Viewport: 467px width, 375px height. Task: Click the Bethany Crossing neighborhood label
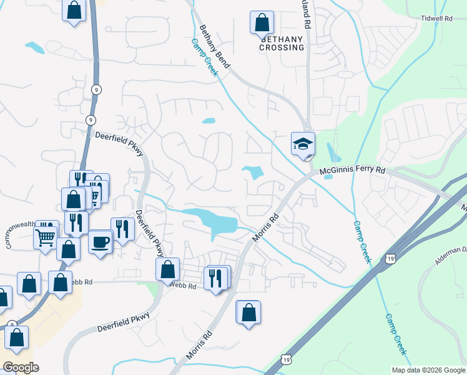[x=282, y=43]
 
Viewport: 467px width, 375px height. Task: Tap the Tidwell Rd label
[x=436, y=19]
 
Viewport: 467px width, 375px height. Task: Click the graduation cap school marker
[x=303, y=144]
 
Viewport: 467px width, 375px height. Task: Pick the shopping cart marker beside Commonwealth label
[x=46, y=236]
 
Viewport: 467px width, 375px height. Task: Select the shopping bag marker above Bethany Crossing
[x=262, y=23]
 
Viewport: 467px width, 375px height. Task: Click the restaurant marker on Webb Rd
[x=215, y=278]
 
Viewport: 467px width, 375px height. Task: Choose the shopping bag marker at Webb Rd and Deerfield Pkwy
[x=167, y=270]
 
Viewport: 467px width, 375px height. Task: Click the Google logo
[x=20, y=367]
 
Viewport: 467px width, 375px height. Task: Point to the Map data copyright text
[x=428, y=370]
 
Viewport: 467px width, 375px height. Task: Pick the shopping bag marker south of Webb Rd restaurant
[x=248, y=312]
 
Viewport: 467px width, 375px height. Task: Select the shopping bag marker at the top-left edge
[x=74, y=11]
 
